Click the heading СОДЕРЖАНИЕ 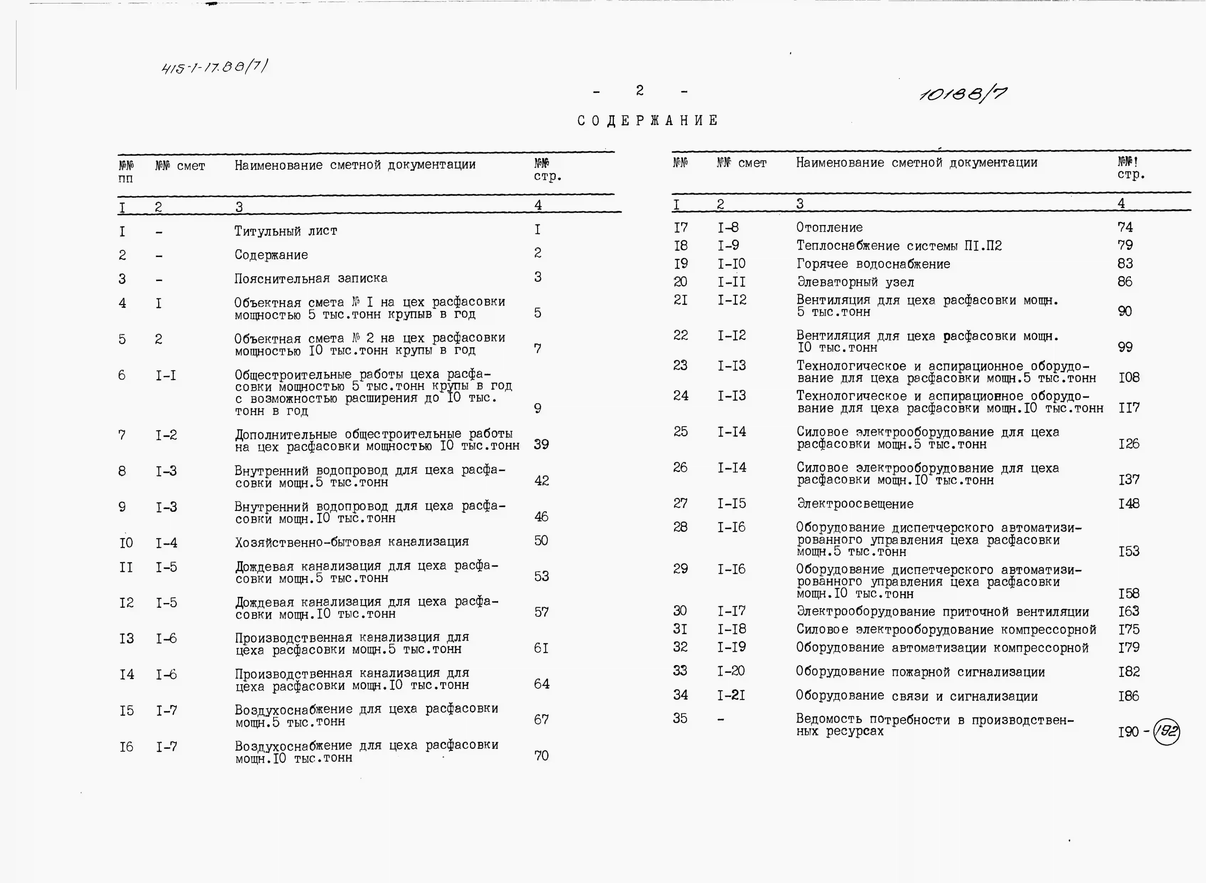648,121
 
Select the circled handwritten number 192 1166,731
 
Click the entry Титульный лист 286,231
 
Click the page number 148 1129,504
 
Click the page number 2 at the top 640,91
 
